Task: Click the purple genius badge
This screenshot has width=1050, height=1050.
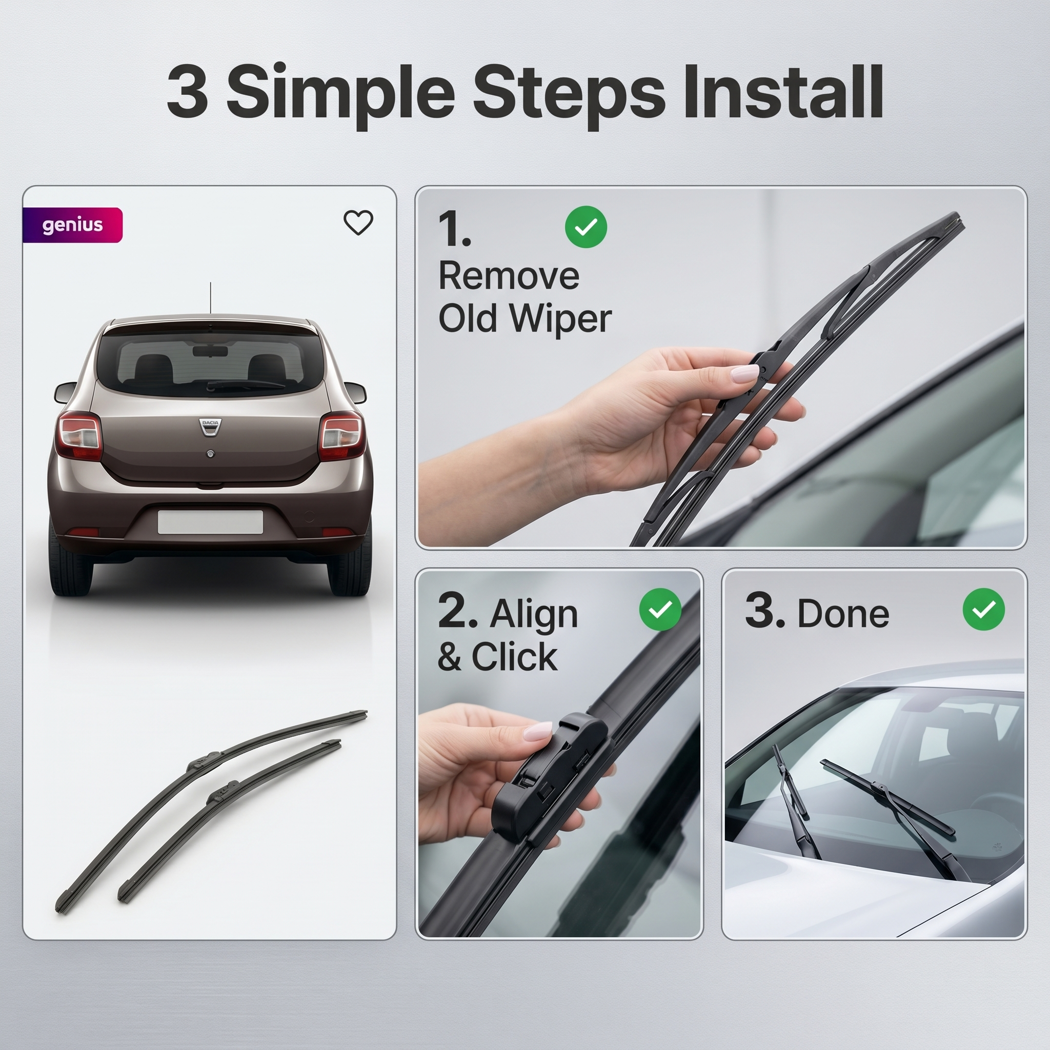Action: pos(73,225)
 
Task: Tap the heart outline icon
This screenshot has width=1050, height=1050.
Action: pos(358,223)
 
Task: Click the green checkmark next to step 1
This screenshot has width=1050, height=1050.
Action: pos(586,227)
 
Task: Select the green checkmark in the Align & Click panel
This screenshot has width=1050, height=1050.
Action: pos(660,609)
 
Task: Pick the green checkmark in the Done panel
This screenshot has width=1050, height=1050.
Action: pos(984,609)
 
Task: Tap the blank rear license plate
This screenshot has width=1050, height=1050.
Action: pos(210,522)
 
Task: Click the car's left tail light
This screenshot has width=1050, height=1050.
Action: pos(79,436)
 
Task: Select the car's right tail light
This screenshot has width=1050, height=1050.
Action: pos(341,436)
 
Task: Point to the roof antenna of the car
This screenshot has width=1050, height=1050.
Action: pos(210,298)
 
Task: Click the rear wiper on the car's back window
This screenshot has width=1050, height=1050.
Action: pos(246,384)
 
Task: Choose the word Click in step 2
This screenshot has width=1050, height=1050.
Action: pos(514,657)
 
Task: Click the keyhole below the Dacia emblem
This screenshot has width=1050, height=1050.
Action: pos(210,454)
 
